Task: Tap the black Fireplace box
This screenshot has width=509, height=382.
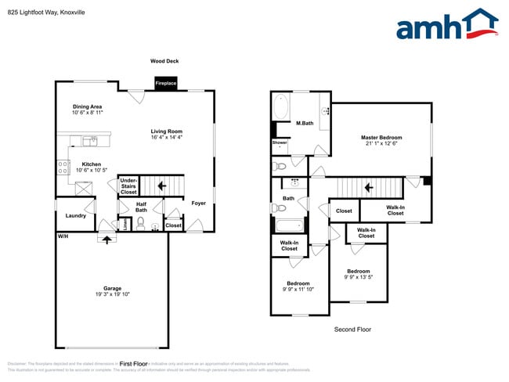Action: [x=165, y=82]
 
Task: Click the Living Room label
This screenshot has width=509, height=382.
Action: [x=167, y=134]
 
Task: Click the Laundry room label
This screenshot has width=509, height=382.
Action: [x=75, y=215]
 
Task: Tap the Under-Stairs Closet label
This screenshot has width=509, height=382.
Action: [x=128, y=186]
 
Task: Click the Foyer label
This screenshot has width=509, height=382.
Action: [x=199, y=203]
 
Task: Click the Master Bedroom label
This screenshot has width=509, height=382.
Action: [x=381, y=139]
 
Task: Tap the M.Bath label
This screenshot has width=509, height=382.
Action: [x=305, y=123]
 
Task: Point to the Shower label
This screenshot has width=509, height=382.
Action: [x=280, y=142]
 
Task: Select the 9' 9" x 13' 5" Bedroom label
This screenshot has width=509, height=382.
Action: [x=359, y=274]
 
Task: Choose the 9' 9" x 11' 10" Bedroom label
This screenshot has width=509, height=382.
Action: [x=298, y=286]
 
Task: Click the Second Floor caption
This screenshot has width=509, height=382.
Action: [x=352, y=330]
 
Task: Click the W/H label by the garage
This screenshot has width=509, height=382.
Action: [x=62, y=236]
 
